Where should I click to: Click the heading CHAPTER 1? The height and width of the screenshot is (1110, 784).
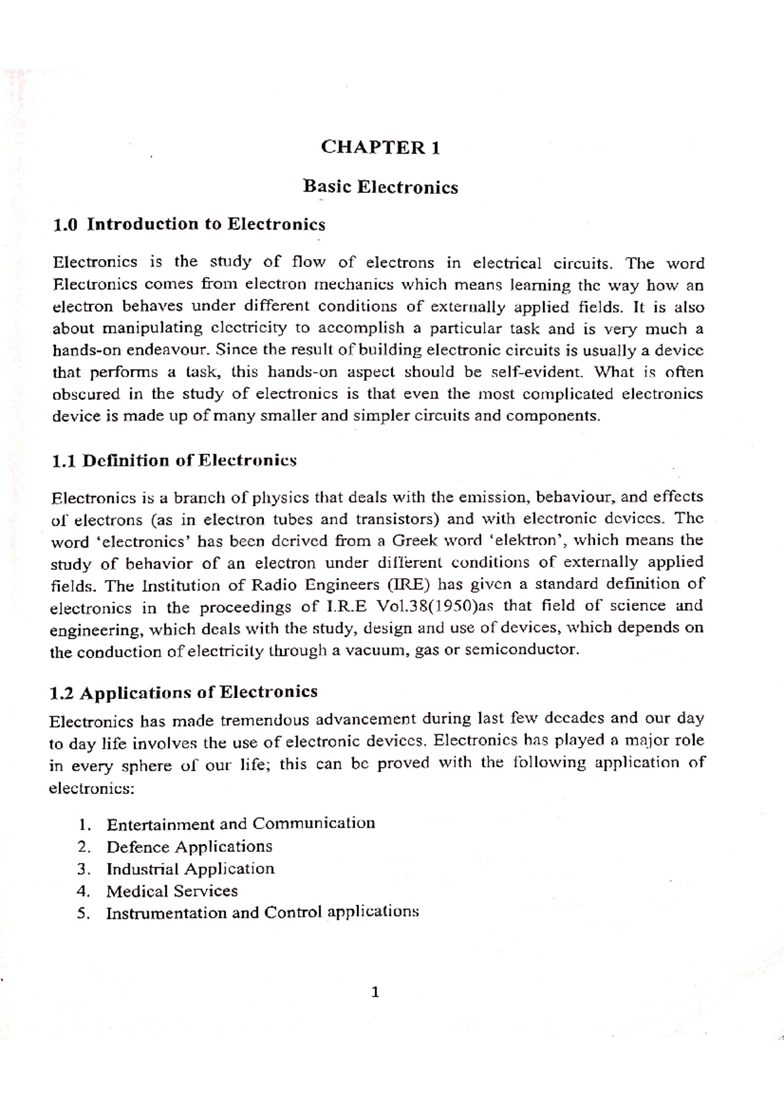point(380,148)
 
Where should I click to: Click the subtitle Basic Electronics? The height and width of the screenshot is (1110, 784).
point(380,188)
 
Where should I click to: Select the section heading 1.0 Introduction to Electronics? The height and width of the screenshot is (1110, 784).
point(189,225)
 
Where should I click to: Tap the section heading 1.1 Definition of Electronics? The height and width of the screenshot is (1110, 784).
point(174,461)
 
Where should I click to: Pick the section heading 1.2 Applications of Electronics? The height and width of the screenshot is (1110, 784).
point(184,692)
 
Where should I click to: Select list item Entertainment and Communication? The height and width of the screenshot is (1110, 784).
point(240,824)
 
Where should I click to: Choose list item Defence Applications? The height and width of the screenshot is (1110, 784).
point(189,847)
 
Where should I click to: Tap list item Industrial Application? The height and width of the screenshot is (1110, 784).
point(190,869)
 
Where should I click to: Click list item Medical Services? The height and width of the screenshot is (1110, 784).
point(172,892)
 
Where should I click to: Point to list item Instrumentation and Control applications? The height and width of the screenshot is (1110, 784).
point(262,913)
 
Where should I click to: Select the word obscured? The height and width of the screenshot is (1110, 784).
point(86,395)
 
